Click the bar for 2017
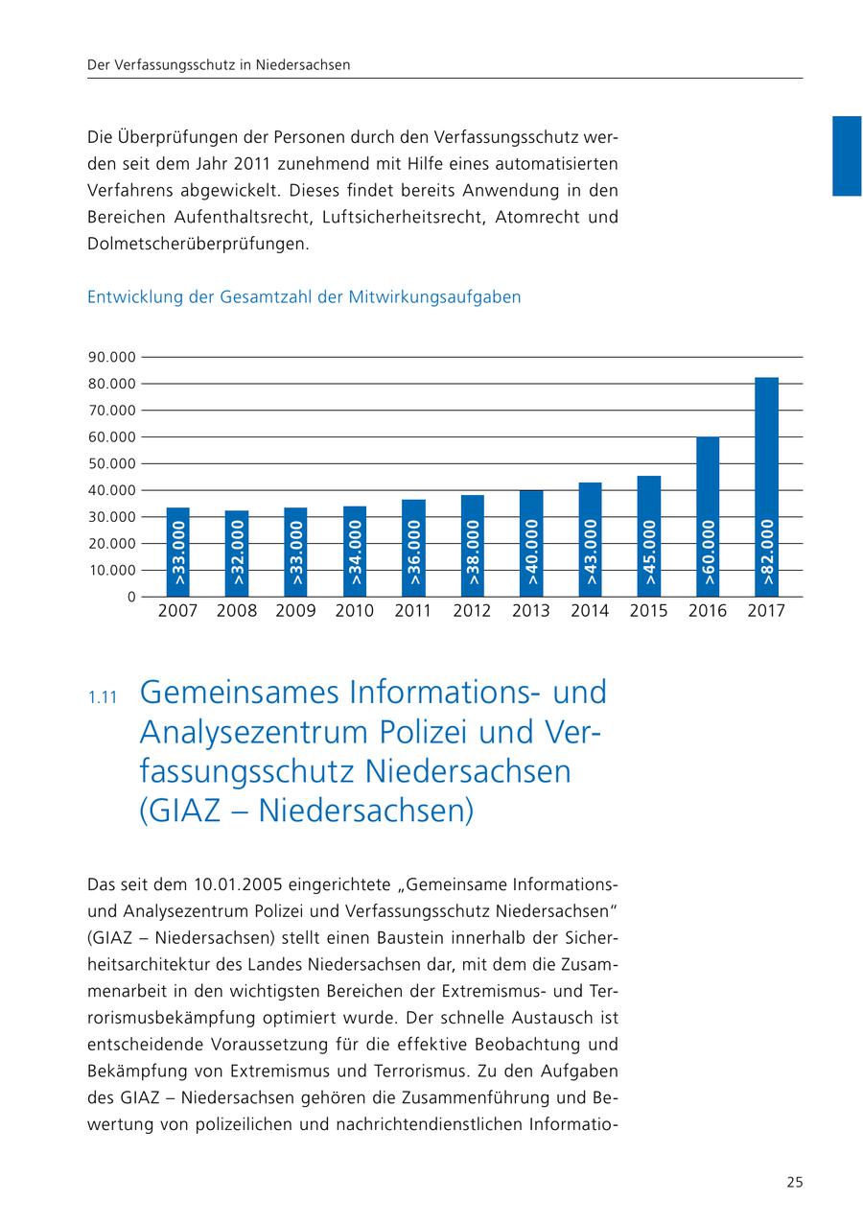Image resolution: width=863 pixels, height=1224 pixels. point(766,486)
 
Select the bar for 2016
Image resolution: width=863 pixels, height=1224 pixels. point(708,516)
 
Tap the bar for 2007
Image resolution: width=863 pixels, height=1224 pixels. point(177,552)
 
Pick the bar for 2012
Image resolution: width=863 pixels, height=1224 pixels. point(472,546)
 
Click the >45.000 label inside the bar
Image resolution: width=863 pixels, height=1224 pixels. point(649,553)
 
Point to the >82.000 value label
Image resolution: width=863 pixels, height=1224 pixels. point(767,552)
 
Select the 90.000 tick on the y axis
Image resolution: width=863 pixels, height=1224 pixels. point(111,357)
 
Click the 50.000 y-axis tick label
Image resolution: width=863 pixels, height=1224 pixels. point(111,463)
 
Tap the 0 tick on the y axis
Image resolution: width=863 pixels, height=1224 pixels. point(130,597)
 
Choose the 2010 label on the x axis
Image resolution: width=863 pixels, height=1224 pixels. point(355,611)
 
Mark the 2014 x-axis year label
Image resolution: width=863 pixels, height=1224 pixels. point(590,611)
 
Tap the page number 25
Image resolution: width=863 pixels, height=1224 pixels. point(795,1183)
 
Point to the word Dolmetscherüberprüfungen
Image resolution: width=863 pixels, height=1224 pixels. point(198,244)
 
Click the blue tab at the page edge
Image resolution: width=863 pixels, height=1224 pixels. point(847,155)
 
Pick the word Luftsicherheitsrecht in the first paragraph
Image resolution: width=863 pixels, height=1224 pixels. point(404,217)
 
